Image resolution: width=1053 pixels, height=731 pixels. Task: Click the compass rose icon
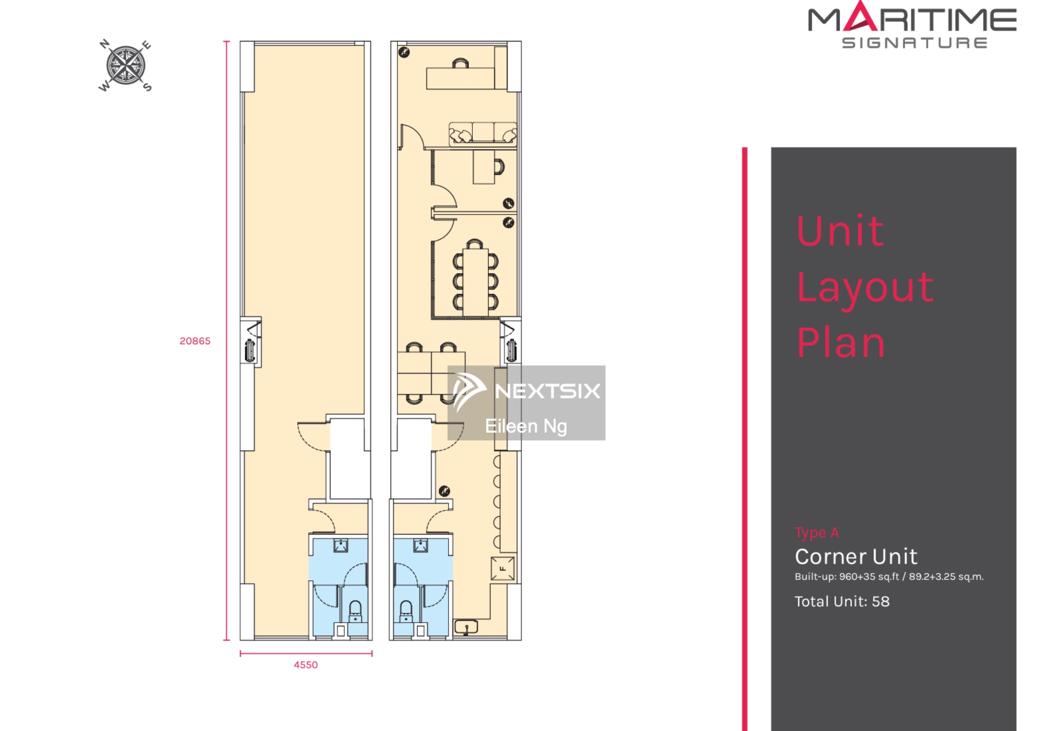click(x=125, y=66)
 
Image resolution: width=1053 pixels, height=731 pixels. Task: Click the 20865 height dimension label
click(x=195, y=341)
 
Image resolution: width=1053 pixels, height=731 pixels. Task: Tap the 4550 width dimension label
click(x=305, y=665)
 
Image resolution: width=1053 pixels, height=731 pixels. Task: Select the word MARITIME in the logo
click(x=912, y=19)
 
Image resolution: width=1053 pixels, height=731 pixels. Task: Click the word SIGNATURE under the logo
click(x=915, y=43)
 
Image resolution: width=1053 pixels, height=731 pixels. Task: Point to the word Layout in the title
click(x=865, y=287)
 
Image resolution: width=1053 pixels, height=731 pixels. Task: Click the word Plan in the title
click(x=841, y=343)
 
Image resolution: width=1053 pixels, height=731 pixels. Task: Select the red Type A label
click(x=817, y=533)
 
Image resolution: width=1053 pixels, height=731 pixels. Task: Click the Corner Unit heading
click(x=856, y=556)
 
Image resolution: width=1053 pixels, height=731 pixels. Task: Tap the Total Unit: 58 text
click(x=842, y=601)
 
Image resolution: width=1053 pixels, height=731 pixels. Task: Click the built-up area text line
click(x=889, y=576)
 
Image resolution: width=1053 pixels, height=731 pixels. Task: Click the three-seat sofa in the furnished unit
click(x=482, y=133)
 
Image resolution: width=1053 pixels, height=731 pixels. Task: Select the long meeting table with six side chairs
click(x=475, y=282)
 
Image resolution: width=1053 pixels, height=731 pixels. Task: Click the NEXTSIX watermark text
click(x=547, y=391)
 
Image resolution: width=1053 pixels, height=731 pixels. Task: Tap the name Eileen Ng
click(x=526, y=426)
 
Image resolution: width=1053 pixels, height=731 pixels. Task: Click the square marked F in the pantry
click(x=503, y=568)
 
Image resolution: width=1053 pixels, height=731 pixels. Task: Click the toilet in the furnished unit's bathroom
click(x=406, y=612)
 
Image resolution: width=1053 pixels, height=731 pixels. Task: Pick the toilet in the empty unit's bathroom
click(x=356, y=612)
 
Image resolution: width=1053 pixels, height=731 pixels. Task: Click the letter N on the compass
click(x=105, y=44)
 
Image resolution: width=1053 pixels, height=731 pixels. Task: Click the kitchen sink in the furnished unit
click(x=466, y=626)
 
